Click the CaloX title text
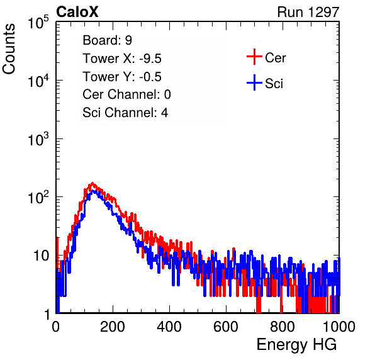coord(77,12)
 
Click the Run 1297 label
coord(308,12)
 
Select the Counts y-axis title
coord(9,49)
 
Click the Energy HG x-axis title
coord(296,345)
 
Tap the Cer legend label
coord(275,58)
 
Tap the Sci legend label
coord(274,84)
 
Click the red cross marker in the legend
coord(254,57)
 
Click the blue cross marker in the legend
coord(254,82)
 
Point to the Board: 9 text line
coord(108,40)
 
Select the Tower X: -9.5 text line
coord(122,59)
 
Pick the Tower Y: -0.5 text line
coord(122,77)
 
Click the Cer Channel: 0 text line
coord(126,94)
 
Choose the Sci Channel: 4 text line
coord(125,113)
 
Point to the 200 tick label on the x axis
coord(113,327)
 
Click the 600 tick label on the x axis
coord(226,327)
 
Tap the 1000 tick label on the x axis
coord(339,327)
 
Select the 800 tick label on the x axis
coord(283,327)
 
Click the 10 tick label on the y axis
coord(42,256)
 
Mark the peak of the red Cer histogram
coord(92,184)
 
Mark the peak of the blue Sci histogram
coord(93,191)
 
